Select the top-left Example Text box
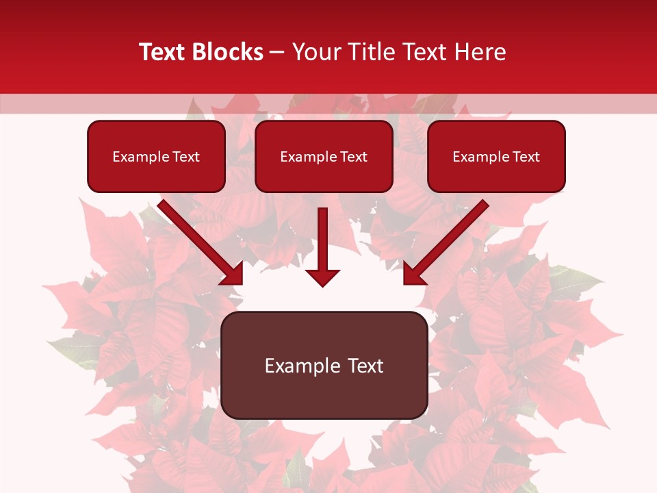(x=156, y=156)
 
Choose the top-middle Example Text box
(x=324, y=156)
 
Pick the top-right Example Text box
(x=496, y=156)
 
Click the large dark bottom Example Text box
(x=324, y=365)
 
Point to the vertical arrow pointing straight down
(x=322, y=240)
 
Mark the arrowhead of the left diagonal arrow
(x=233, y=274)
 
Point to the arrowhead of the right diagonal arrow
(x=413, y=274)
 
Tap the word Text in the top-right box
(x=526, y=157)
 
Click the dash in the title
(x=278, y=52)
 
